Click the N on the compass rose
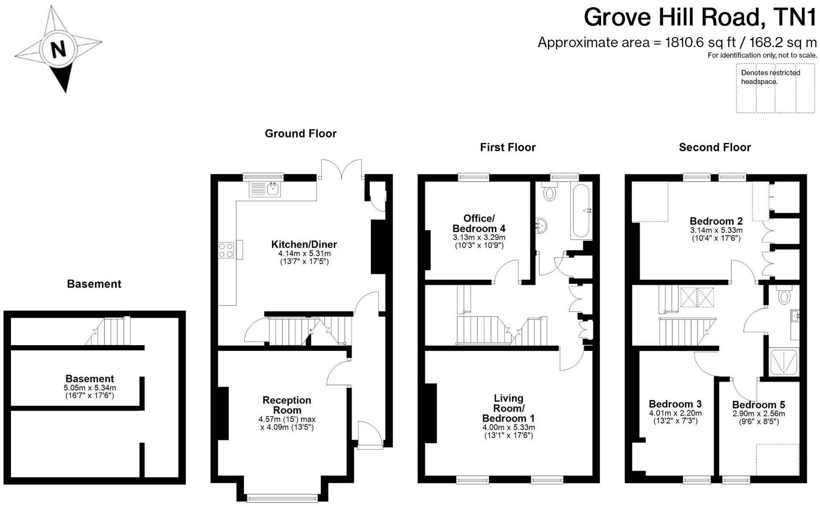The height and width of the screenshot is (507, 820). click(58, 49)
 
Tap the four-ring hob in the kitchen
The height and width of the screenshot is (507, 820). click(226, 250)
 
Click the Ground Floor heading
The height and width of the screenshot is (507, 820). click(300, 134)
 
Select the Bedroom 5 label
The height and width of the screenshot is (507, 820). click(758, 405)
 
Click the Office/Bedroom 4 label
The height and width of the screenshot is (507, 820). click(479, 223)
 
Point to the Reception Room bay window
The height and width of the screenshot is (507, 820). click(282, 498)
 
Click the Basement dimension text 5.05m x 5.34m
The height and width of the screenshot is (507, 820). click(89, 388)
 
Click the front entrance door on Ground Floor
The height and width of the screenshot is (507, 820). click(369, 434)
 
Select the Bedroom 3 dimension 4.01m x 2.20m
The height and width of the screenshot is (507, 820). click(675, 413)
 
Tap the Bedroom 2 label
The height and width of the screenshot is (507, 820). click(716, 221)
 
